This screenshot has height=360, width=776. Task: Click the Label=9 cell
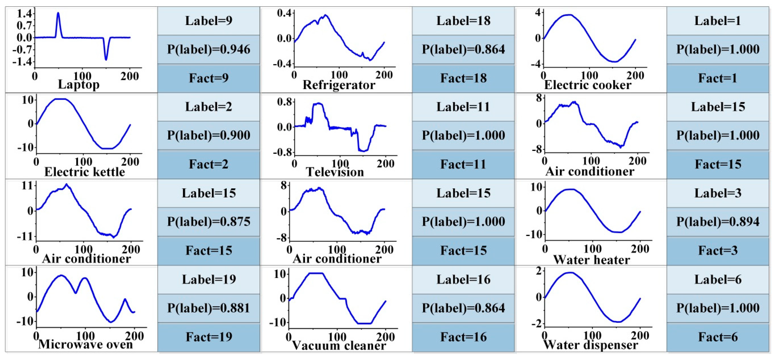[208, 21]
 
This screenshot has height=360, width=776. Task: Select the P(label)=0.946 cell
[208, 49]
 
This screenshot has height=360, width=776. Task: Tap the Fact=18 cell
[463, 78]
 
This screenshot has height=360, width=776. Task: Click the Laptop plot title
[79, 85]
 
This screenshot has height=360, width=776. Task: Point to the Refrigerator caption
[339, 85]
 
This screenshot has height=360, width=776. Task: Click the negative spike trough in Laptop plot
[106, 60]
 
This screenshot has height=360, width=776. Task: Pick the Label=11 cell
[463, 107]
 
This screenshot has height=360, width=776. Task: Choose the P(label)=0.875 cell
[208, 222]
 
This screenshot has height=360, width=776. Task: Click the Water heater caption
[592, 260]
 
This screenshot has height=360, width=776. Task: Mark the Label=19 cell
[208, 279]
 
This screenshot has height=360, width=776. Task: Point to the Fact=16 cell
[463, 337]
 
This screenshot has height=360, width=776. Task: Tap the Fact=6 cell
[718, 337]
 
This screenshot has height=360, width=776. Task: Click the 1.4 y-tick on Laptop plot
[24, 14]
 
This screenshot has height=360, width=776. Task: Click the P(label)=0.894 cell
[718, 222]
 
